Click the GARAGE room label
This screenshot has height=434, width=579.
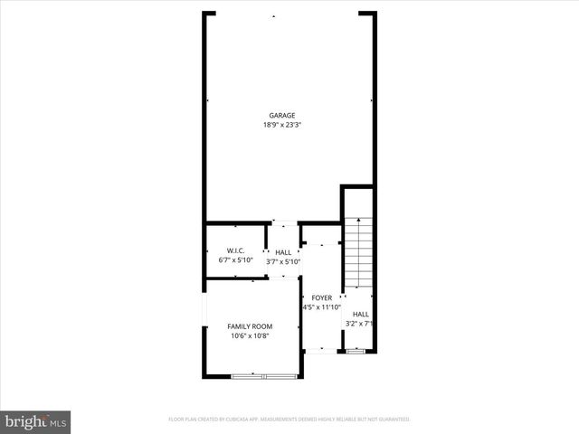click(282, 115)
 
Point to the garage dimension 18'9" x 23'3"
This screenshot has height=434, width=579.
click(282, 125)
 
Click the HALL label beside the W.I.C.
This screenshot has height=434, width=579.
click(283, 252)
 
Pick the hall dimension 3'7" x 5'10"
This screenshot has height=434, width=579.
click(283, 262)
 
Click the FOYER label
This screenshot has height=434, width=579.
click(322, 297)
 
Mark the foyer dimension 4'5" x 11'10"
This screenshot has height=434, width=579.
click(322, 307)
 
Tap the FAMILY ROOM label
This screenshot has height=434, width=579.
click(250, 326)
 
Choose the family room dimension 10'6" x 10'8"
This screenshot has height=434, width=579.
click(250, 336)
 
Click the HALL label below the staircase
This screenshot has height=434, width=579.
click(360, 314)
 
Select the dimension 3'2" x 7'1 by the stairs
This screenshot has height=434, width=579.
click(360, 324)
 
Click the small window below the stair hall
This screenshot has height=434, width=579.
click(356, 352)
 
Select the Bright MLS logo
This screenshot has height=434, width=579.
click(36, 421)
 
